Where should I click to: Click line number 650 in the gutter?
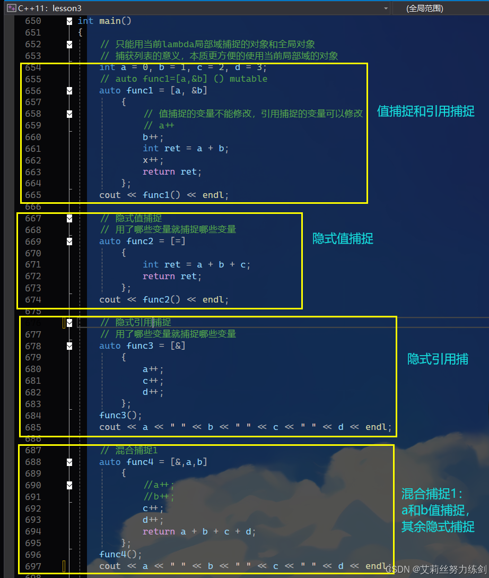click(x=33, y=21)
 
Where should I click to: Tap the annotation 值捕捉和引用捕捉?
click(x=425, y=111)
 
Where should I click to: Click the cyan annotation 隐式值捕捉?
click(x=343, y=239)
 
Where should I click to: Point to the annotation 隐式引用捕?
click(x=438, y=359)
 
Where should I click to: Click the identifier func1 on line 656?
click(x=140, y=91)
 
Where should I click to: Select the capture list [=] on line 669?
click(x=178, y=241)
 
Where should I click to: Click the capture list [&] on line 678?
click(x=178, y=346)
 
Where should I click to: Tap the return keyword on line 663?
click(x=159, y=172)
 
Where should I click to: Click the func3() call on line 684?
click(x=120, y=416)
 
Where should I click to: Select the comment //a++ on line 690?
click(x=158, y=485)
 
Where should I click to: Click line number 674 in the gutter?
click(x=33, y=300)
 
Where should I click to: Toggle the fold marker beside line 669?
click(x=69, y=241)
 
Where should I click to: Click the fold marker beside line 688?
click(x=69, y=462)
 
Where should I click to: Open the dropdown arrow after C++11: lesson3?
click(x=386, y=8)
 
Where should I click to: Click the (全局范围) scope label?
click(x=424, y=8)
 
